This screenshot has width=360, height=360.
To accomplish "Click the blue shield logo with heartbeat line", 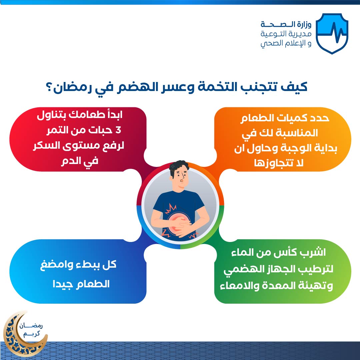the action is click(332, 34).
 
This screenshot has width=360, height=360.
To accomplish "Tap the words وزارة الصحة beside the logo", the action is click(286, 24).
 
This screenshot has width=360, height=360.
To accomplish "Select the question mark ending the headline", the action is click(49, 87).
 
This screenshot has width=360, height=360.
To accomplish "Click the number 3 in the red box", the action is click(118, 130).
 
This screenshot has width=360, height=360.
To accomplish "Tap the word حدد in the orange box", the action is click(319, 118).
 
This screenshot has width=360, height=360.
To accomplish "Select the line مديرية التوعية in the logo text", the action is click(286, 34).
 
